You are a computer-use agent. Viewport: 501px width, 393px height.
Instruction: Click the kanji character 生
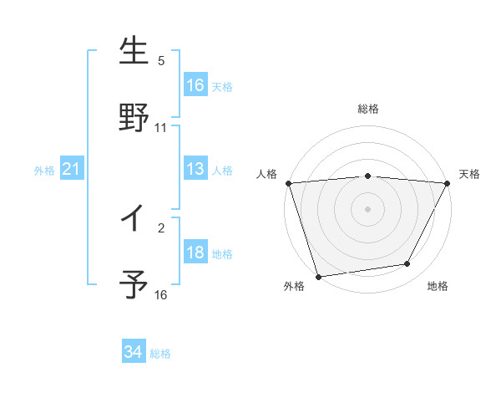tap(134, 53)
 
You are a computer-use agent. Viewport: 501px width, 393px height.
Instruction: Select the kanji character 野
tap(134, 118)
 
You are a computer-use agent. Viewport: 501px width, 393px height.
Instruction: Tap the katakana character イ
tap(134, 219)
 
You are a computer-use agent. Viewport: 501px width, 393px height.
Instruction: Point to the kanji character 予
tap(134, 285)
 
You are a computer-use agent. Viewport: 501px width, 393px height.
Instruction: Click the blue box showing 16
tap(195, 85)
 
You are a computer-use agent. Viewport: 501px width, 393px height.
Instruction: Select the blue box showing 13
tap(195, 169)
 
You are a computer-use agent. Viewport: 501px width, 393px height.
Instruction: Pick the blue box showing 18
tap(195, 253)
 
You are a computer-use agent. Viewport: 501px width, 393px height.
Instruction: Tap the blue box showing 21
tap(72, 170)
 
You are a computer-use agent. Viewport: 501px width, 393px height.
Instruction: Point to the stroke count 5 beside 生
tap(161, 60)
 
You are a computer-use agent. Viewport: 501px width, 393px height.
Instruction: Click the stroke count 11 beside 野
tap(161, 128)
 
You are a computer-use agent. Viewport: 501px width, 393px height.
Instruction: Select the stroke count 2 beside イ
tap(161, 227)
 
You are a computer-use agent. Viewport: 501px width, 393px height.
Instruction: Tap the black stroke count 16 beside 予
tap(161, 294)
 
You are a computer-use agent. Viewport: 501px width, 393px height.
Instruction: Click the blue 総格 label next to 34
tap(160, 354)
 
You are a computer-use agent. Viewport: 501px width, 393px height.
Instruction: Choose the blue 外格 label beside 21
tap(44, 171)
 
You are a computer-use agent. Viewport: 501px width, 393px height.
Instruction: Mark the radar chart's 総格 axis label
tap(368, 109)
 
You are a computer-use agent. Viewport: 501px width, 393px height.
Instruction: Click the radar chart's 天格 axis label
tap(470, 174)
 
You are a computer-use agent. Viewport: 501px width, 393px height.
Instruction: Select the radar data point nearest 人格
tap(288, 183)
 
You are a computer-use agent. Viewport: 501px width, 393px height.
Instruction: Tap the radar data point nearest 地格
tap(407, 264)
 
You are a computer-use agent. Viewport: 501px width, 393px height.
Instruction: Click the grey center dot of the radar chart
tap(368, 208)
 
